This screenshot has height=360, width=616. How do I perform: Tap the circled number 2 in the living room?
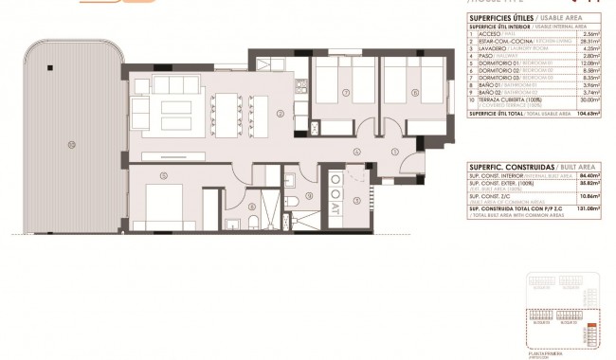281,115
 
